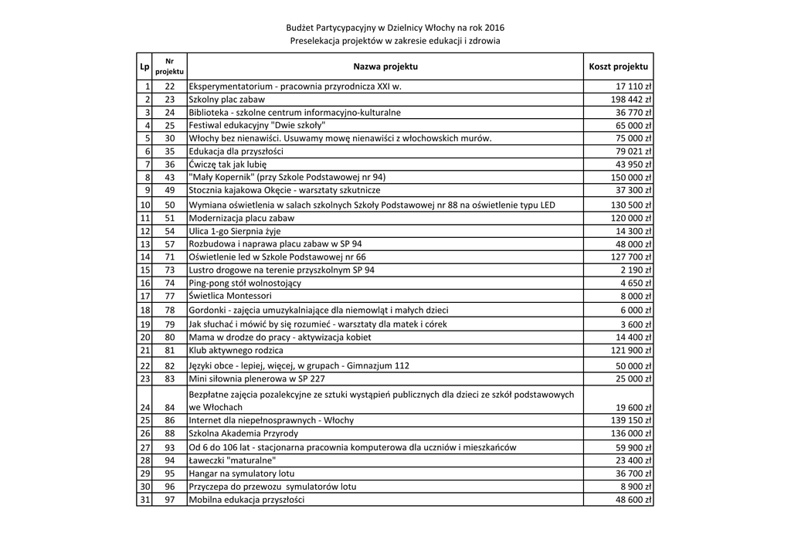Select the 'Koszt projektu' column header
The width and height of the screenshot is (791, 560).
point(619,66)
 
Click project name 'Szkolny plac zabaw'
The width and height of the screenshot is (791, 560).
point(226,100)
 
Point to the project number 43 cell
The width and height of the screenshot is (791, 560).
point(170,177)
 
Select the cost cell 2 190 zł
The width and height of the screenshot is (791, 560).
point(637,270)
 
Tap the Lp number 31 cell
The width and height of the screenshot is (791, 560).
point(144,500)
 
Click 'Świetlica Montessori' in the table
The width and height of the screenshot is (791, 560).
point(229,295)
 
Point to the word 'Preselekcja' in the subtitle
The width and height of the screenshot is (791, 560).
point(313,40)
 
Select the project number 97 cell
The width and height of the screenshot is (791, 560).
point(170,500)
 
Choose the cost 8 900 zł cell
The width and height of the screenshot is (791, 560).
point(637,487)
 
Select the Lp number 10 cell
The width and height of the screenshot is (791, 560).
point(144,205)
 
